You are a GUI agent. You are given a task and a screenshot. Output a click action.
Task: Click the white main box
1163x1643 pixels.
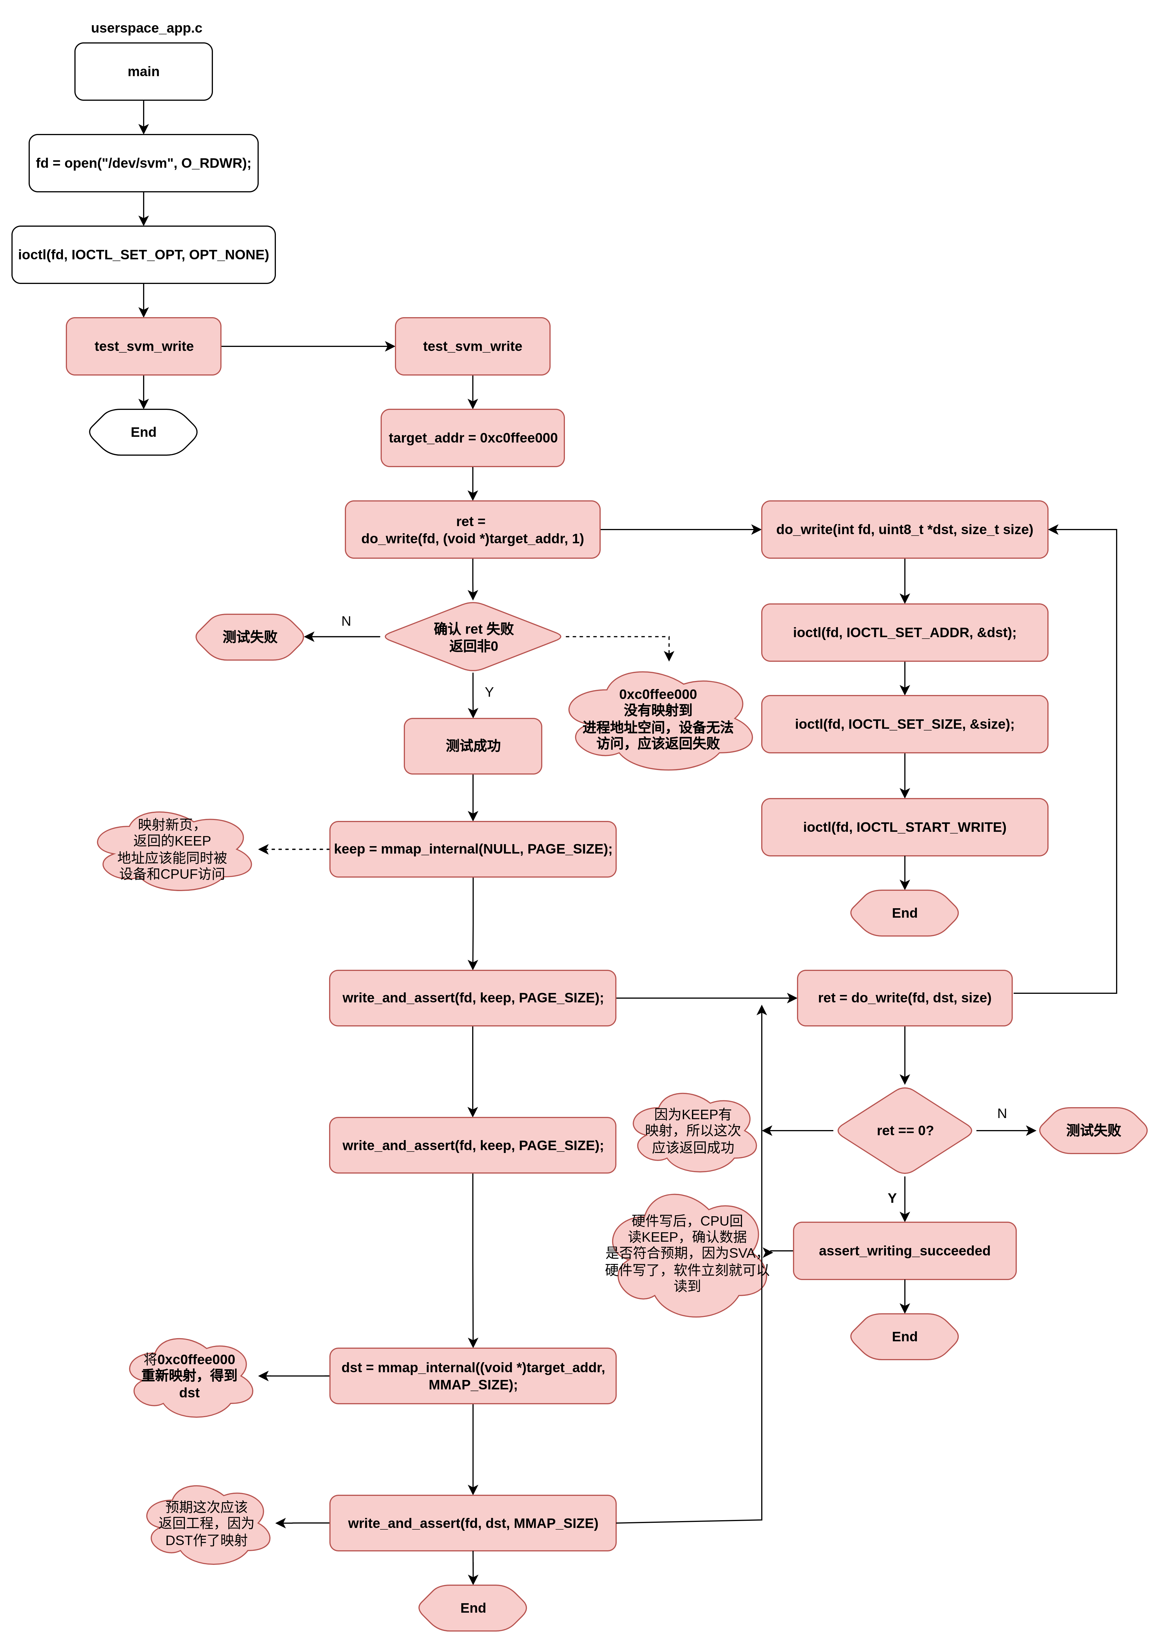(143, 72)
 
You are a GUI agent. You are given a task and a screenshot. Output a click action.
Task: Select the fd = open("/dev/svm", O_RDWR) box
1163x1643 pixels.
(143, 163)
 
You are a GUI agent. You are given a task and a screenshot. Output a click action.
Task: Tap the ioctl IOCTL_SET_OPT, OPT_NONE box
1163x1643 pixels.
(143, 255)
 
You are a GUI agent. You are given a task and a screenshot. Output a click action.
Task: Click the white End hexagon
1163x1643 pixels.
(143, 432)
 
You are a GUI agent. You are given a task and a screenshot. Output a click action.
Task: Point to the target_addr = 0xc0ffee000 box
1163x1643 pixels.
(473, 438)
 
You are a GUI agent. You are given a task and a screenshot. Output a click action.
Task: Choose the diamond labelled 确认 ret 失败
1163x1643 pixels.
(473, 637)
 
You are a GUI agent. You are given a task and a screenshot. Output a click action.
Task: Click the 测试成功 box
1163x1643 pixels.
(473, 746)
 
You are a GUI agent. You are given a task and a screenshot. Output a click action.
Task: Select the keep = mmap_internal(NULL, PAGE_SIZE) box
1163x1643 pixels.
(473, 849)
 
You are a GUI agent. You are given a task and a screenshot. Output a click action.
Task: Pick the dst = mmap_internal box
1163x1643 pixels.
(473, 1376)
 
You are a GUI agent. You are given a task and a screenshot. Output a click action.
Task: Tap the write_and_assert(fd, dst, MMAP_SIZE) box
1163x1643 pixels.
(473, 1523)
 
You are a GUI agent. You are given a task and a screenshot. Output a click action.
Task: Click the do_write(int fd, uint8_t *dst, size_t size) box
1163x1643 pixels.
(905, 529)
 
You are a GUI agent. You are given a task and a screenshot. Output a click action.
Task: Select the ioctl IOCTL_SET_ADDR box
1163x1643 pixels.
(905, 632)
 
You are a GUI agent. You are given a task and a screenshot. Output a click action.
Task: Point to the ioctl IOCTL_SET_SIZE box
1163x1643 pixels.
(905, 724)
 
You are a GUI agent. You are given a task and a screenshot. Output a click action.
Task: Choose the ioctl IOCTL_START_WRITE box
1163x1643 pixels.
(905, 827)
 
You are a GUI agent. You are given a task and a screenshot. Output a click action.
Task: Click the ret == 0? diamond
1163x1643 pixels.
(905, 1130)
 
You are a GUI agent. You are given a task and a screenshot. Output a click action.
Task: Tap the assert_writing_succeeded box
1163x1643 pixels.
(905, 1251)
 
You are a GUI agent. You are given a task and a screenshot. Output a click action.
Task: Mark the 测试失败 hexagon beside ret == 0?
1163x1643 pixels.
(1093, 1130)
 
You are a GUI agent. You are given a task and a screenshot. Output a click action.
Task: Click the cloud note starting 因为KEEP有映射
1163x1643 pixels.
(693, 1131)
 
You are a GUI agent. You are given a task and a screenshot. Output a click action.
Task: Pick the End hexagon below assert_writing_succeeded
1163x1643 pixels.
(905, 1336)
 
